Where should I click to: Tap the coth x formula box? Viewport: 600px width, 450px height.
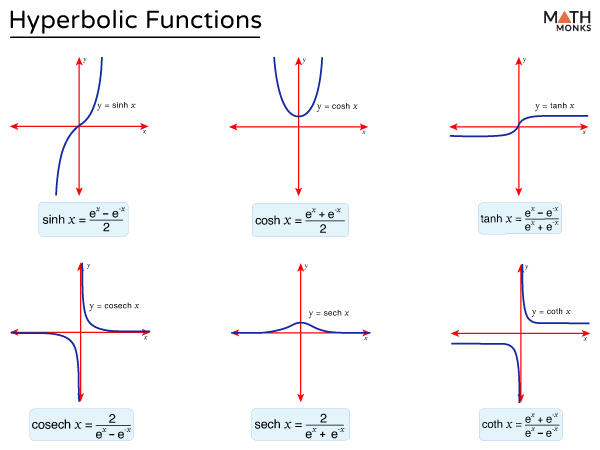point(520,425)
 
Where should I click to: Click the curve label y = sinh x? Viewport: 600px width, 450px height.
point(116,105)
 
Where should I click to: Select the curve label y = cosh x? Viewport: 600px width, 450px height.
point(337,106)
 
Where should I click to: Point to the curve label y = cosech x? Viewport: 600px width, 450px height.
point(114,305)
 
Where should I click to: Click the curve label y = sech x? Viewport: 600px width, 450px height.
point(329,313)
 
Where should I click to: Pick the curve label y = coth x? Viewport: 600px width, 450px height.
point(550,312)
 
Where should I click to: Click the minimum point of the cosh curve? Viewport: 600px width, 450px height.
point(299,116)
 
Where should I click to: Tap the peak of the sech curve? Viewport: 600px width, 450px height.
point(299,322)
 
